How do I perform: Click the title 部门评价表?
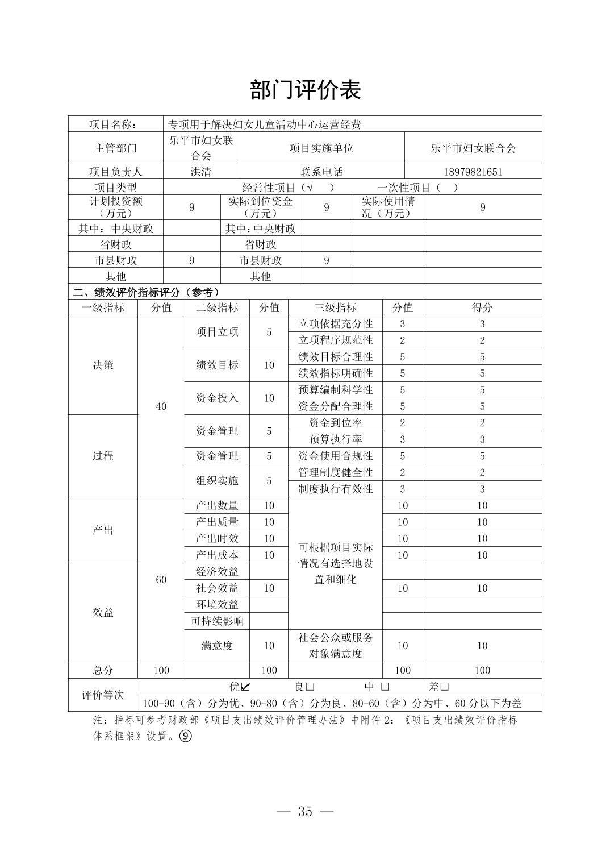pos(305,90)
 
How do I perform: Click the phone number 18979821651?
pos(473,172)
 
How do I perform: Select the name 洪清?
pos(200,172)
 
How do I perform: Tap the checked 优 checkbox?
pos(245,687)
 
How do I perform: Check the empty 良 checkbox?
pos(310,687)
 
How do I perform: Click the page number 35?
pos(305,811)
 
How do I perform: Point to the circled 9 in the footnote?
pos(185,736)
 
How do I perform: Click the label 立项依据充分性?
pos(335,324)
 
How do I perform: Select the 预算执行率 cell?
pos(335,439)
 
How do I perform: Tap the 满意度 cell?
pos(217,646)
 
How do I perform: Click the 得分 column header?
pos(482,308)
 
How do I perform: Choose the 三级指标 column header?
pos(335,308)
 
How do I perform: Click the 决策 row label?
pos(103,365)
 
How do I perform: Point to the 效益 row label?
pos(103,612)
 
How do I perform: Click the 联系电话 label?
pos(321,172)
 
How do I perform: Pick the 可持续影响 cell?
pos(217,621)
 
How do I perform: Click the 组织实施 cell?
pos(217,481)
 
